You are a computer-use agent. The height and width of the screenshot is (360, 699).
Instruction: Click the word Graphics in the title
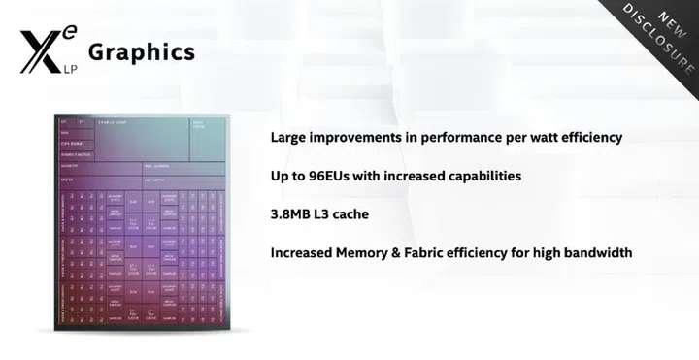(141, 51)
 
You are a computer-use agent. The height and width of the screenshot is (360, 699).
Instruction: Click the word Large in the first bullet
(290, 137)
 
